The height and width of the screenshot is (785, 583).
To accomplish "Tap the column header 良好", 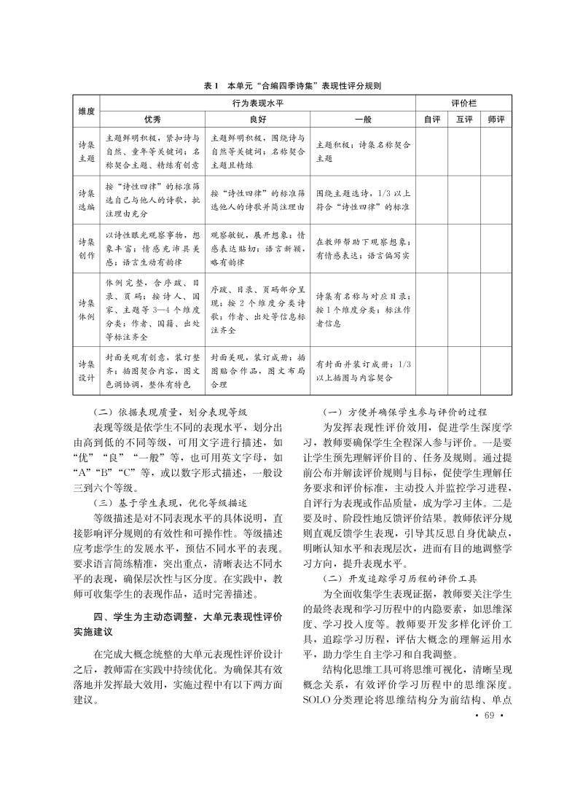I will (258, 118).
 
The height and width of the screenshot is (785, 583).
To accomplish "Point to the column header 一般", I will (362, 118).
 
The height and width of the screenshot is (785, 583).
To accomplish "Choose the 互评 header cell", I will (464, 118).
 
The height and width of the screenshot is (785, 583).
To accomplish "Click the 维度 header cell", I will (87, 111).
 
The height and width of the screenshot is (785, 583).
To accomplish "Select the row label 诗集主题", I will (86, 151).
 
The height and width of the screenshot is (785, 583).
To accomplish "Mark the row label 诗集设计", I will (86, 372).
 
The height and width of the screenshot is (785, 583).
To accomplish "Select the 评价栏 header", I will (464, 104).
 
